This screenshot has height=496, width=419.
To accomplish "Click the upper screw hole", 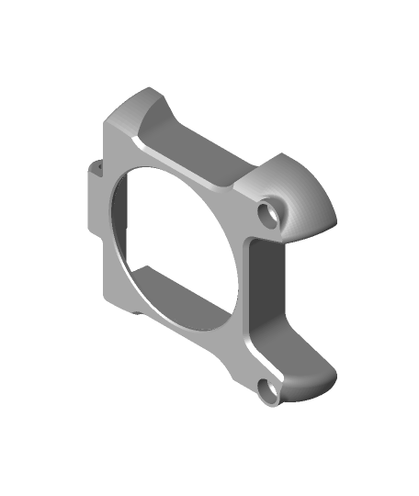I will tap(270, 210).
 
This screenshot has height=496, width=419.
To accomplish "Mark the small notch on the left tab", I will tap(96, 169).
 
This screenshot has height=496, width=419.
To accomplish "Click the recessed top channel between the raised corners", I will tap(198, 152).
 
